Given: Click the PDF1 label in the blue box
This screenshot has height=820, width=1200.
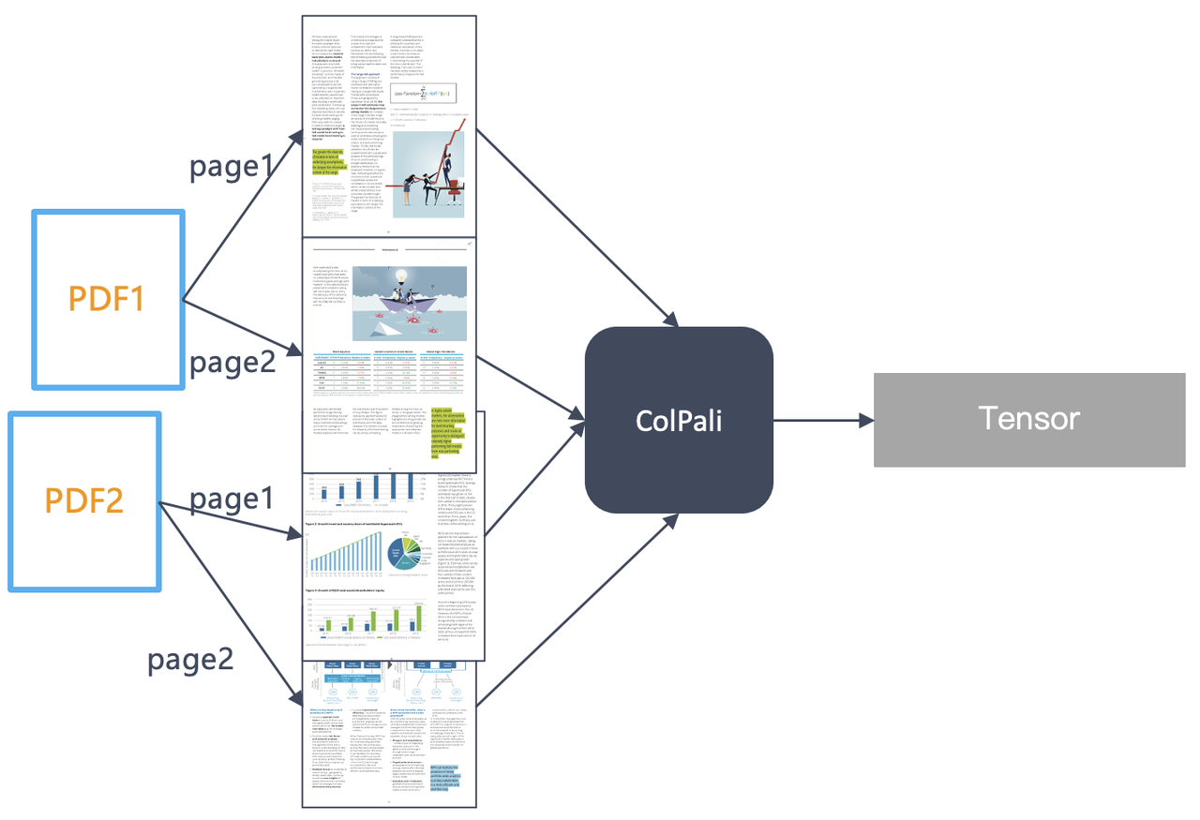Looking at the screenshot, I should tap(106, 299).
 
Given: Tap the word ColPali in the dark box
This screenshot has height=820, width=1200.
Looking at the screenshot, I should tap(678, 420).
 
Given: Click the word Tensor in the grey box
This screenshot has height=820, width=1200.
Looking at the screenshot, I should tap(1029, 418).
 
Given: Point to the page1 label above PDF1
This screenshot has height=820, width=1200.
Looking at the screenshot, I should tap(232, 167).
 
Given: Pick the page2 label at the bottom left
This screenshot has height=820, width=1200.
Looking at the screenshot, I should tap(190, 660).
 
